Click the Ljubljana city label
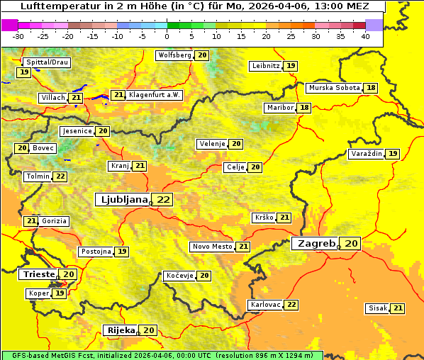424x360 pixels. click(x=123, y=200)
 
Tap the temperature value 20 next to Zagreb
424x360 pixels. click(x=352, y=244)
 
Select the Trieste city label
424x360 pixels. click(x=39, y=274)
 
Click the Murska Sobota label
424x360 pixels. click(x=334, y=88)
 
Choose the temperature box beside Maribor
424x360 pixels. click(x=304, y=108)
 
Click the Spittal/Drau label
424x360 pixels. click(x=46, y=62)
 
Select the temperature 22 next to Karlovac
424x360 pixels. click(x=291, y=305)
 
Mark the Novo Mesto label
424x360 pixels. click(x=212, y=247)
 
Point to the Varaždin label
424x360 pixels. click(x=366, y=154)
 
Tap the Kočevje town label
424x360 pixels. click(x=179, y=276)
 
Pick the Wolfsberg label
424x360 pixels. click(x=174, y=55)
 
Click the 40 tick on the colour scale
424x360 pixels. click(x=365, y=36)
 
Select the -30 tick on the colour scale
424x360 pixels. click(x=18, y=36)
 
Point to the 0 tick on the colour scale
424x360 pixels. click(x=167, y=36)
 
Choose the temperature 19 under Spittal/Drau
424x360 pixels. click(x=24, y=72)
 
